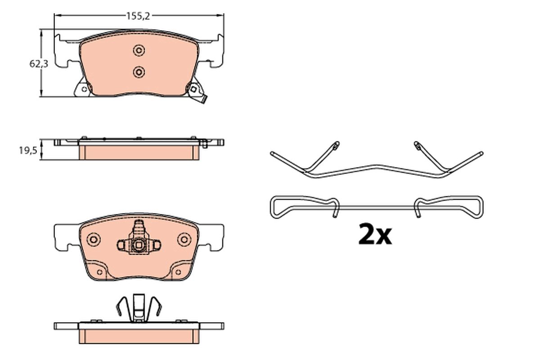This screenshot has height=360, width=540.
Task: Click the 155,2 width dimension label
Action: coord(138,16)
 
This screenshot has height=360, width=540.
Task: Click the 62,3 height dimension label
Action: coord(39,64)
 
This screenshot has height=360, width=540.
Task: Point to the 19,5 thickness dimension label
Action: coord(27,151)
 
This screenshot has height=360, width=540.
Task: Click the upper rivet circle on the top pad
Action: coord(139,50)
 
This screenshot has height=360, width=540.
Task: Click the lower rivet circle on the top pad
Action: coord(139,72)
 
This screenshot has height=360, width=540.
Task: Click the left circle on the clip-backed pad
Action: coord(94,239)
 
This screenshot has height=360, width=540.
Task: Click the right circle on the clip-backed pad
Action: coord(184,239)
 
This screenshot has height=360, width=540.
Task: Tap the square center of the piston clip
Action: coord(139,245)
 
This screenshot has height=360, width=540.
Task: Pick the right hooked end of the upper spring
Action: coord(417,145)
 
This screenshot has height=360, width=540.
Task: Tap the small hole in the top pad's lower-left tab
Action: coord(84,90)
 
